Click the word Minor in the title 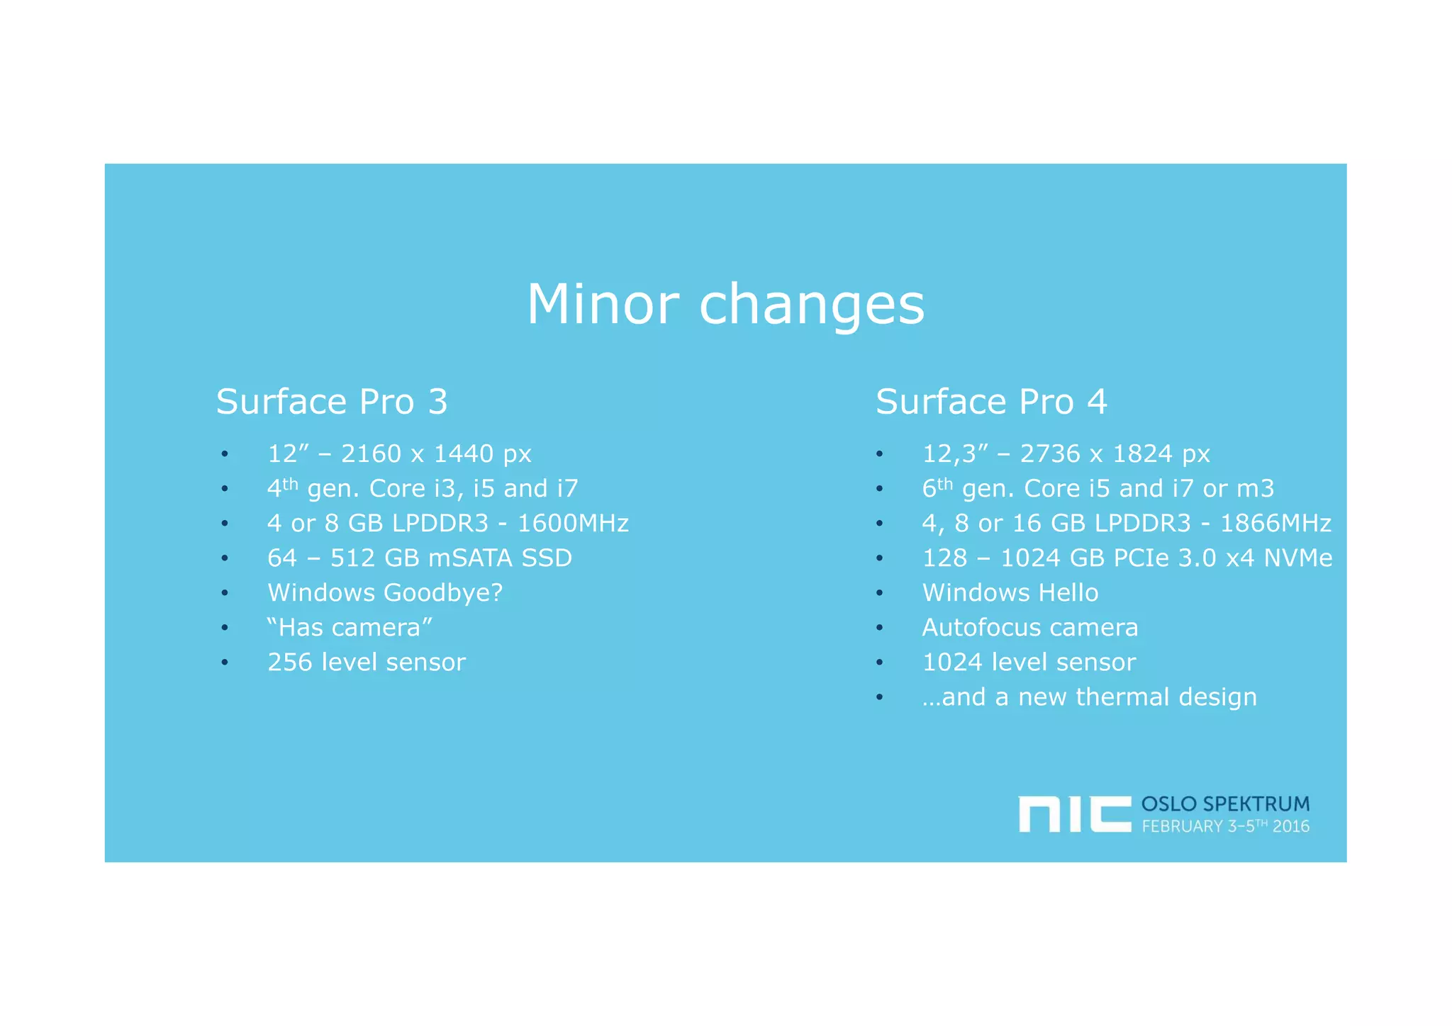pyautogui.click(x=603, y=304)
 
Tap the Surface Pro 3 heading pyautogui.click(x=332, y=402)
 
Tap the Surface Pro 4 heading pyautogui.click(x=991, y=402)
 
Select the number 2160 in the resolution pyautogui.click(x=371, y=453)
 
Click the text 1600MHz pyautogui.click(x=573, y=524)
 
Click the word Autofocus pyautogui.click(x=980, y=628)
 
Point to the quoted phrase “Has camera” pyautogui.click(x=350, y=628)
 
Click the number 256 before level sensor pyautogui.click(x=289, y=663)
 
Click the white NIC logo pyautogui.click(x=1074, y=814)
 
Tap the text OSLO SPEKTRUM pyautogui.click(x=1225, y=804)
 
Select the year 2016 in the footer pyautogui.click(x=1291, y=826)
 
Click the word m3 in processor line pyautogui.click(x=1256, y=489)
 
